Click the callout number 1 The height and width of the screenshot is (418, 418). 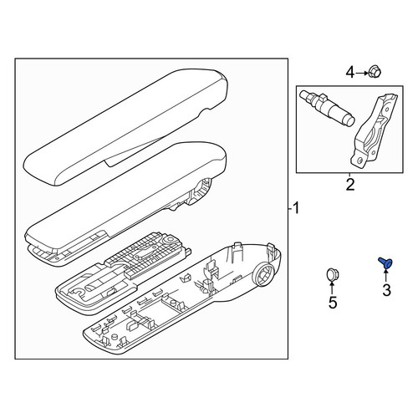[296, 208]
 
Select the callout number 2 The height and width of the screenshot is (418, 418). [350, 185]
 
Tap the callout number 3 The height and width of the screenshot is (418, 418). [386, 290]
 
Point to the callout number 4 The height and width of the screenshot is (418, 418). [350, 73]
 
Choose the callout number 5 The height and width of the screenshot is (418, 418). [333, 303]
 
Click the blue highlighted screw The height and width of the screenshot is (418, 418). [385, 263]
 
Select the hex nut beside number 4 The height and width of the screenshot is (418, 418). [375, 72]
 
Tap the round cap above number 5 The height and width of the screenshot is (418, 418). [331, 274]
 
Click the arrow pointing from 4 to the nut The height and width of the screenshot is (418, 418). [362, 73]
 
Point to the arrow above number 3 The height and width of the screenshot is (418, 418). [386, 275]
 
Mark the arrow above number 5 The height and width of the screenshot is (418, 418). [332, 288]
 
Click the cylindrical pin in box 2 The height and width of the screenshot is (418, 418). [327, 108]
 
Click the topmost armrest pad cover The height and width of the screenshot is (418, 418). [126, 127]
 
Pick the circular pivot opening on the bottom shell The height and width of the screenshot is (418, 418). [263, 275]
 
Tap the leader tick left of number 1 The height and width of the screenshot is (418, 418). [290, 208]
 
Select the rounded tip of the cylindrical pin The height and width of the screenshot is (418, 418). [349, 121]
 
